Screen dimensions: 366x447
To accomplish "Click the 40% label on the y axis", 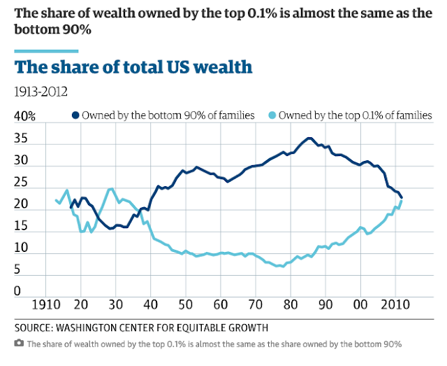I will (x=26, y=115).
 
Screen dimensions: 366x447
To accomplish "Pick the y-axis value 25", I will (x=21, y=183).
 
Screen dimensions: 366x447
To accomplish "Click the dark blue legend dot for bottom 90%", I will (x=75, y=115).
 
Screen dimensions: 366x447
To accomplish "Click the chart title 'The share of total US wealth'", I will (x=133, y=68).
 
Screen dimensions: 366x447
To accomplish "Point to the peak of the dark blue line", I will (x=309, y=138).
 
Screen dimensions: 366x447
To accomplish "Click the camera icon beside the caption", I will (x=19, y=343).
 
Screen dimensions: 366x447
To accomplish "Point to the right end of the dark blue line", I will (x=402, y=198).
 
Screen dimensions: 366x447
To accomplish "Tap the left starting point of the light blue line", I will (x=56, y=200).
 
